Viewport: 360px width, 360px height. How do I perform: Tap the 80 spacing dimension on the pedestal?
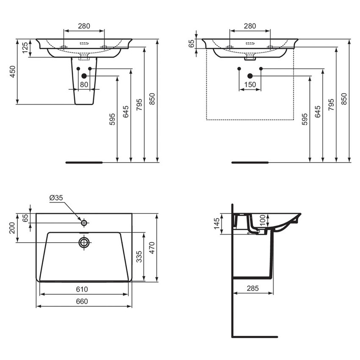pos(84,84)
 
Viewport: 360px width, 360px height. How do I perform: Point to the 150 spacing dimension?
pos(250,84)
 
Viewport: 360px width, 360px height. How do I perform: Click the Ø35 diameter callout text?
pos(56,198)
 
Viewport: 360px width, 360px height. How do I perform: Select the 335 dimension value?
pos(139,257)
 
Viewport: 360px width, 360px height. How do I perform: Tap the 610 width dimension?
pos(82,289)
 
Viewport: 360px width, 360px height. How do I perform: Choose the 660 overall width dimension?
pos(82,301)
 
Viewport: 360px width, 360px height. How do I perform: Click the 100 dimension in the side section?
pos(263,219)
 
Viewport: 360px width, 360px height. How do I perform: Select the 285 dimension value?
pos(253,288)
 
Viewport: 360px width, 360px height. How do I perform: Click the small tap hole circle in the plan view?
pos(84,222)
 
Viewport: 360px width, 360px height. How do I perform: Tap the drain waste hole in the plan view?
pos(84,242)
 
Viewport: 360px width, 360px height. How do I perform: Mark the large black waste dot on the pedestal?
pos(84,76)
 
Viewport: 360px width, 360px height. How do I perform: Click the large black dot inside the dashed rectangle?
pos(250,76)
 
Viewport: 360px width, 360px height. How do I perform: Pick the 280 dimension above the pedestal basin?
pos(84,26)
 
